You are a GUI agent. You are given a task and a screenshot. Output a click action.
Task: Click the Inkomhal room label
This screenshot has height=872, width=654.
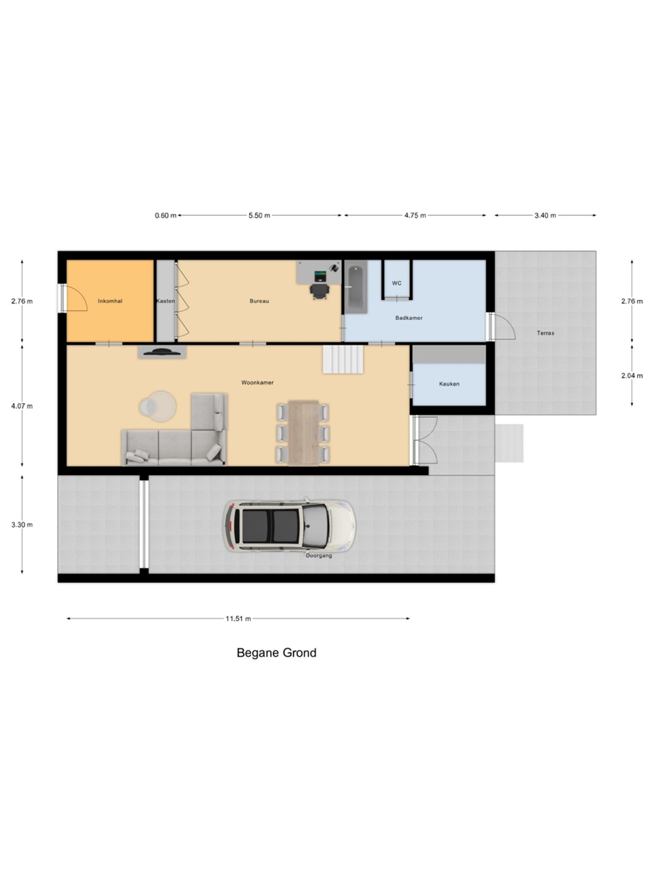110,301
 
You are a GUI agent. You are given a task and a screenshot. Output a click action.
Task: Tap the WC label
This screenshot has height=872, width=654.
397,283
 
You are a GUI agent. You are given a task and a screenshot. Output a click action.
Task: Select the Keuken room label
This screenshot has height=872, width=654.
449,384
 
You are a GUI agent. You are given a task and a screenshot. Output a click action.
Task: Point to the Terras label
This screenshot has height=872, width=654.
545,333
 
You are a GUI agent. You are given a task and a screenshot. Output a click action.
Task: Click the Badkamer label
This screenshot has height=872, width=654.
409,318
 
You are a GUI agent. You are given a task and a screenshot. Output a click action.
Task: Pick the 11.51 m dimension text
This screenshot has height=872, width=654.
238,619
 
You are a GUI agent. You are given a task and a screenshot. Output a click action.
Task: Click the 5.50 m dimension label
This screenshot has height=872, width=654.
259,215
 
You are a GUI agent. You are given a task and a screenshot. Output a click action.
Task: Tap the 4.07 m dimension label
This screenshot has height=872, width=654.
22,406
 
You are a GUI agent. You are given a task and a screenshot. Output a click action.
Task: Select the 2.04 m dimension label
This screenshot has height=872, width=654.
632,376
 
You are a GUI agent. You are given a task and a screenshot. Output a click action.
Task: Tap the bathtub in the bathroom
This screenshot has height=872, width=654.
355,287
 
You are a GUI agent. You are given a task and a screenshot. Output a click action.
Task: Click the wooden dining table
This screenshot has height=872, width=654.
304,433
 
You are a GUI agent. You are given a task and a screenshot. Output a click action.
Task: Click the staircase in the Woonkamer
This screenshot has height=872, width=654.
343,359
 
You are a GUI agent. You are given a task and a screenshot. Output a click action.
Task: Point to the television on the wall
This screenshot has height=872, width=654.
162,351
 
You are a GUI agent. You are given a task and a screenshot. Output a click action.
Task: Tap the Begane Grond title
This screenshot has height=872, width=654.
276,652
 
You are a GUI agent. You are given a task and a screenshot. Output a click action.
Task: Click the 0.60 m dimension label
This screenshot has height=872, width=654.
166,215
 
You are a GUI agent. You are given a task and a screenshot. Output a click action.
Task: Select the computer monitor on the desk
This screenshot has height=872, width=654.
320,275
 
